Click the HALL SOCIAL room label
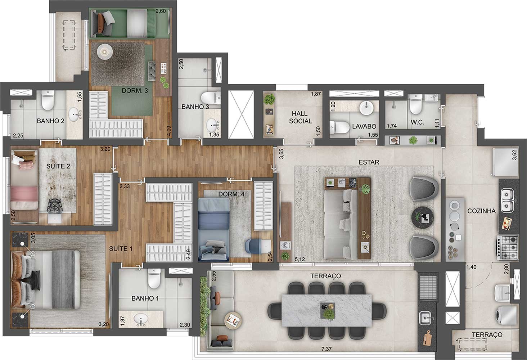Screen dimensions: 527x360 tap(300, 117)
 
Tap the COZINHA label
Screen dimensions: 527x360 tap(481, 211)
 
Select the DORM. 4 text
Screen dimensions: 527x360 tap(231, 194)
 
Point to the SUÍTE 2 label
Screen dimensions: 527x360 tap(58, 166)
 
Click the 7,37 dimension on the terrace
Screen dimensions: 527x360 tap(326, 349)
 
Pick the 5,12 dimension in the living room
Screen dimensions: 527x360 tap(300, 259)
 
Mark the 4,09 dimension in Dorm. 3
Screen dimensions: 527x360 tap(169, 131)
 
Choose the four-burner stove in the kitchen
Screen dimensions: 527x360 tap(508, 248)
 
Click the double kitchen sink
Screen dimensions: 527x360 tap(506, 201)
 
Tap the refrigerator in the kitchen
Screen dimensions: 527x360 tap(505, 162)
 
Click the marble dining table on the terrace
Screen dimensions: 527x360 tap(326, 310)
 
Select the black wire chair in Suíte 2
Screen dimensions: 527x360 tap(54, 206)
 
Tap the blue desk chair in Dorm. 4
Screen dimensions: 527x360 tap(253, 246)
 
